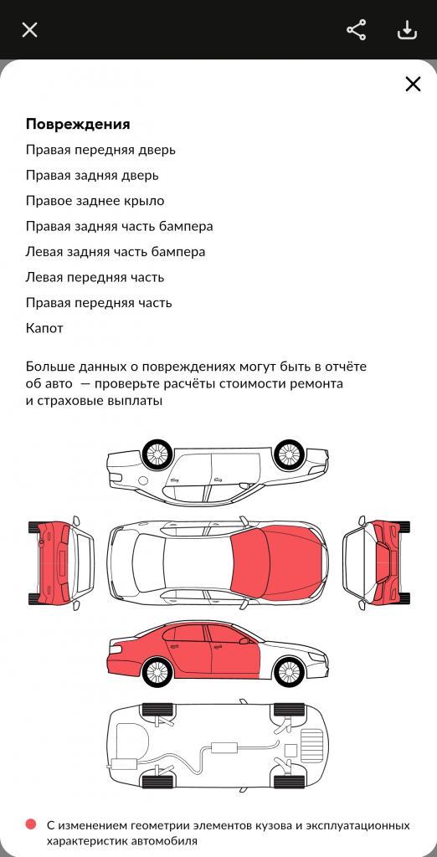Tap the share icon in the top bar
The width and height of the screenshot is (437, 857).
(357, 29)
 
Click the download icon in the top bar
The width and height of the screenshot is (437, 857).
(407, 30)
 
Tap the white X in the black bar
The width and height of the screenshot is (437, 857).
(29, 29)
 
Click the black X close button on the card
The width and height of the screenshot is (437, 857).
(413, 84)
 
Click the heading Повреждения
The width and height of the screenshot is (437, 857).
(78, 124)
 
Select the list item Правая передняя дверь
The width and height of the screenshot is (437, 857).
(100, 150)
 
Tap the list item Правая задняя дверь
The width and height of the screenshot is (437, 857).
(92, 176)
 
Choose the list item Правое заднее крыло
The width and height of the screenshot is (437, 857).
(95, 201)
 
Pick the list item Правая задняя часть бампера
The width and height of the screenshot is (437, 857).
(119, 226)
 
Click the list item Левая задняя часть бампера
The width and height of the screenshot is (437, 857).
(116, 252)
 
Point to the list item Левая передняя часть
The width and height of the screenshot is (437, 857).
(95, 277)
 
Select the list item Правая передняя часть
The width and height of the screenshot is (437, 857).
(99, 303)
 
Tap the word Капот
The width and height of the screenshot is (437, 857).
(44, 328)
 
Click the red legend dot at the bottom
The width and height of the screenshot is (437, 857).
(31, 824)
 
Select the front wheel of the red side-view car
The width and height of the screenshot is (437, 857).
(289, 671)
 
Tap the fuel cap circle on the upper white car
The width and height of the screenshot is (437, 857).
(143, 480)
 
